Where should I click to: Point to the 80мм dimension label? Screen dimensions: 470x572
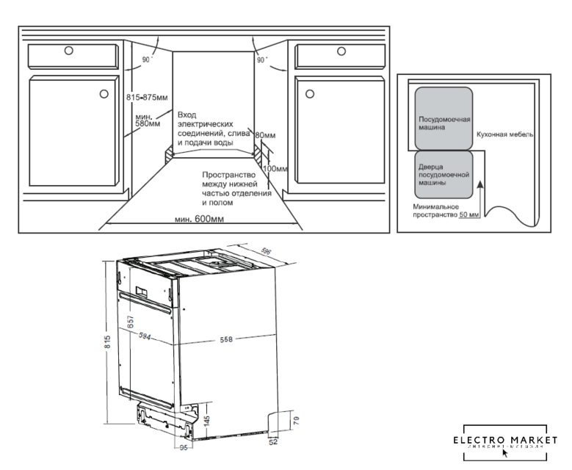[x=265, y=136]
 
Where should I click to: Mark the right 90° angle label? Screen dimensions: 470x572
[x=262, y=60]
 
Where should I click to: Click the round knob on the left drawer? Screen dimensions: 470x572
[x=68, y=51]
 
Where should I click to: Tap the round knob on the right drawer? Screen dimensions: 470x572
[x=341, y=51]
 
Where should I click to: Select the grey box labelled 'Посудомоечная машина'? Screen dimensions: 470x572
[x=444, y=117]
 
